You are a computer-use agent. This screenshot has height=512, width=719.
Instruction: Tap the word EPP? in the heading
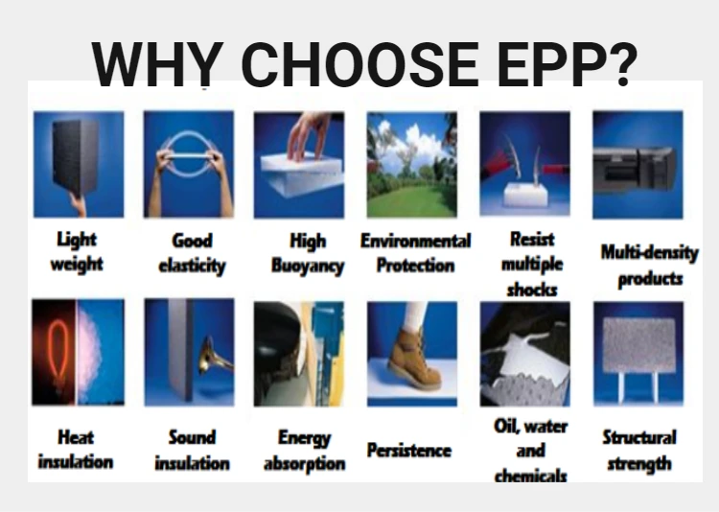pos(569,63)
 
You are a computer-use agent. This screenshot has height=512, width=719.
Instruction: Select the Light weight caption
pos(76,250)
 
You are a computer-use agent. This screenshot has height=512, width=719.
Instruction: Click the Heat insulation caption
pos(76,449)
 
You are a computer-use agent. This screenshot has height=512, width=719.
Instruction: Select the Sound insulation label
pos(192,450)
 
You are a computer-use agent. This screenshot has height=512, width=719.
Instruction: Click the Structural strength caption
pos(638,451)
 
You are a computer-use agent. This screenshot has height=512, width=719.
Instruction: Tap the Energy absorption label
pos(304,450)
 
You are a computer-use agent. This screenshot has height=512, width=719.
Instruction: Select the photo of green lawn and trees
pos(411,164)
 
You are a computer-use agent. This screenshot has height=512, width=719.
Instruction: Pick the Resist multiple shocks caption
pos(531,264)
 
